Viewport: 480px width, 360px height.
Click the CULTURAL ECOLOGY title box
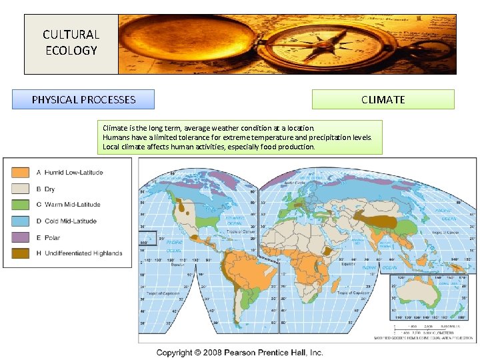pyautogui.click(x=70, y=42)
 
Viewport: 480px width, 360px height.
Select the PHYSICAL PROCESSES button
pyautogui.click(x=83, y=99)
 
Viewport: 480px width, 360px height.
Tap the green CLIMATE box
pyautogui.click(x=383, y=99)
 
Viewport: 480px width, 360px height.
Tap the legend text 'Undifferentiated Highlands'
pyautogui.click(x=83, y=253)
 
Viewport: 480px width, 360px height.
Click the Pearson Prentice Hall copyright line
pyautogui.click(x=240, y=352)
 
